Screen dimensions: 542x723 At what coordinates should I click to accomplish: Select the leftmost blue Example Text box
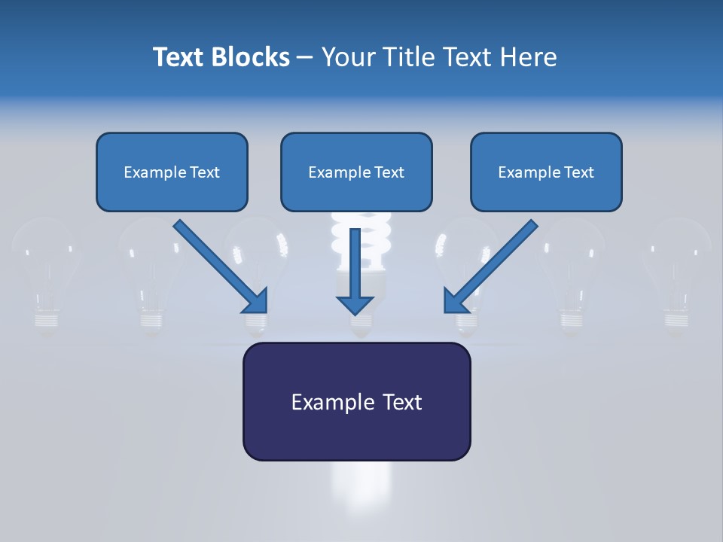point(172,172)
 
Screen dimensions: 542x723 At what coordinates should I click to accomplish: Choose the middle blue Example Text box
point(356,172)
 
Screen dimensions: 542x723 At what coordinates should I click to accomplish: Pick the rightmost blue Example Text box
point(546,172)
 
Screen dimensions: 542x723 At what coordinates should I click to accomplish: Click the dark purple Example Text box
point(356,402)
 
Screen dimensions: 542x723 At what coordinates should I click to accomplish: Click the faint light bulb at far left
point(46,271)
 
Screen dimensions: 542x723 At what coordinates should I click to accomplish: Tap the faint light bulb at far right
point(677,271)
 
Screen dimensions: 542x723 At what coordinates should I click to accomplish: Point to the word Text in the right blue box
point(578,172)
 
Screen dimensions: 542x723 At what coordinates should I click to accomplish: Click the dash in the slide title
point(305,57)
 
